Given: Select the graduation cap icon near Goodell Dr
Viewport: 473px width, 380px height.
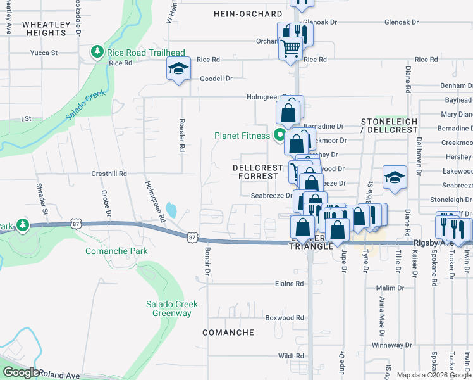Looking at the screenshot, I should coord(179,68).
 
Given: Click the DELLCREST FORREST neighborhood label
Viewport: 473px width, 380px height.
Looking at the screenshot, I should coord(259,172).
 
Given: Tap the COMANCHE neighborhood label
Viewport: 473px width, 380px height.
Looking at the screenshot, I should coord(228,332).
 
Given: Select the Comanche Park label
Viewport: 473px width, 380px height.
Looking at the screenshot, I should coord(117,251).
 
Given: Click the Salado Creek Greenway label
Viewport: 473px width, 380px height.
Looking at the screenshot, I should coord(168,308).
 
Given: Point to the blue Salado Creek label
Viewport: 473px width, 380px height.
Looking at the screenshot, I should coord(87,108).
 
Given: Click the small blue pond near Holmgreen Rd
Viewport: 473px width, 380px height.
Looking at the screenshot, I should coord(171,208).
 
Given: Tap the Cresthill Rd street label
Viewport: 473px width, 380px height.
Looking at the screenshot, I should coord(109,173).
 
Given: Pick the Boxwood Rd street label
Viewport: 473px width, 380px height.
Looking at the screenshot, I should coord(285,318).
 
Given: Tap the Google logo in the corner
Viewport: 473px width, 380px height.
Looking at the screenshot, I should coord(21,372).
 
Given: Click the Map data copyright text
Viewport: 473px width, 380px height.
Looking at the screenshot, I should coord(434,375).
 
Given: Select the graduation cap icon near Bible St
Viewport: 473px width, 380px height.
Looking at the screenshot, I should coord(394,179).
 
